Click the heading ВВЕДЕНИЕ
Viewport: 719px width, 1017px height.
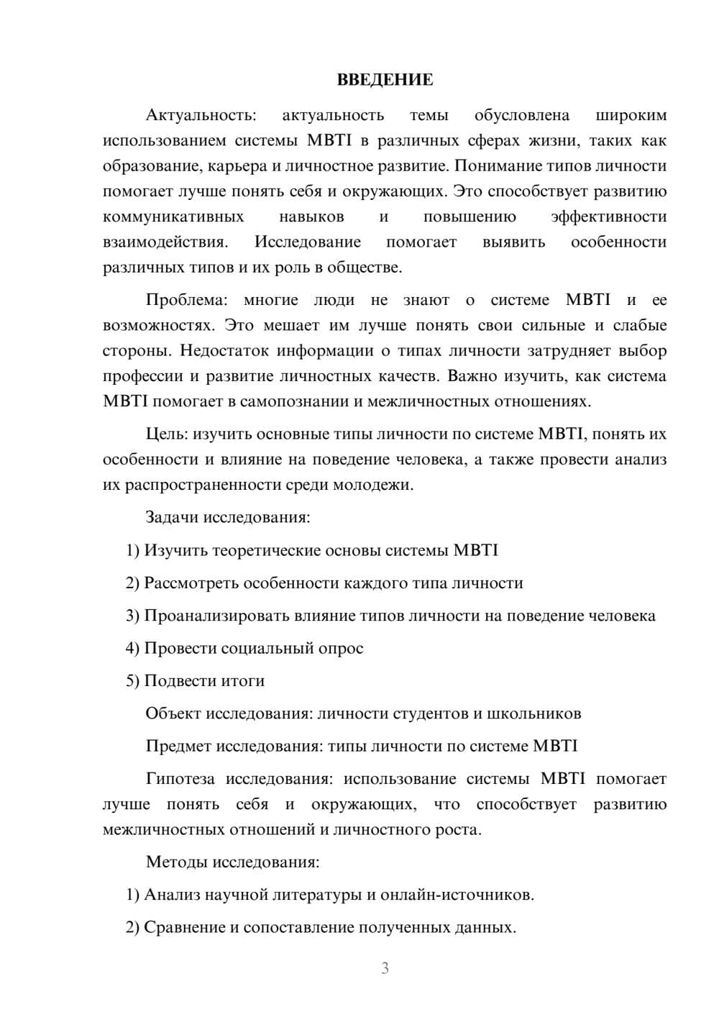tap(385, 80)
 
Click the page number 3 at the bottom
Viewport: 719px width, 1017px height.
tap(385, 968)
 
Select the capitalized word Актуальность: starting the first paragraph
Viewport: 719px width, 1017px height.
tap(200, 115)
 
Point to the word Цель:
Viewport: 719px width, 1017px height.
tap(167, 434)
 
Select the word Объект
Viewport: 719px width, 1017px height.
tap(173, 713)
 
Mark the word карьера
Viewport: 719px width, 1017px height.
tap(237, 166)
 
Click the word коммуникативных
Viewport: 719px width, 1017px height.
tap(173, 216)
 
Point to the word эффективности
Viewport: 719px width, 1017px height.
tap(608, 216)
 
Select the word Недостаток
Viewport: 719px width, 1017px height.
tap(224, 350)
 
